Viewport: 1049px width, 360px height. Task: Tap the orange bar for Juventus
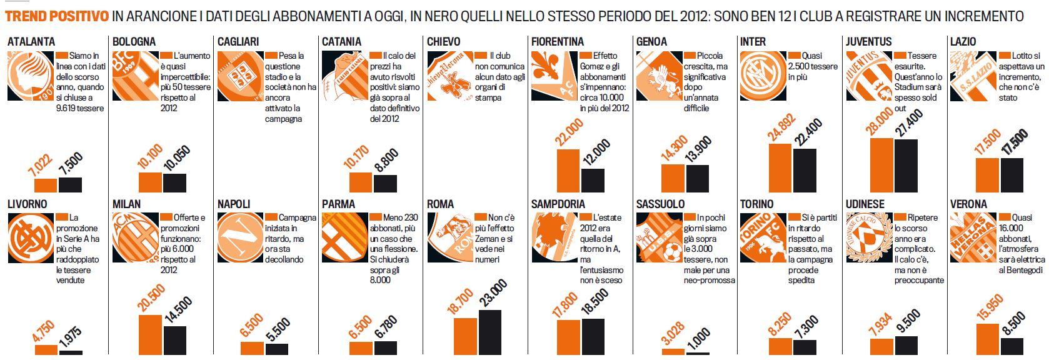coord(881,164)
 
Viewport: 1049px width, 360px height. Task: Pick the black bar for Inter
coord(805,170)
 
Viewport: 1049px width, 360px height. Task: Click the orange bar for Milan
coord(150,334)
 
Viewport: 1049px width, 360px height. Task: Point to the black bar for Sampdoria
coord(593,336)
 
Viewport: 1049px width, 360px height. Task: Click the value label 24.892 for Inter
coord(781,127)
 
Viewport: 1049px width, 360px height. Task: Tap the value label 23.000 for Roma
coord(493,293)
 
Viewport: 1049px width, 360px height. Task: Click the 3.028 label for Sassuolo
coord(673,333)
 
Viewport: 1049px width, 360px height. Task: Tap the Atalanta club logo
coord(30,76)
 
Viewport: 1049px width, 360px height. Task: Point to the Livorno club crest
coord(30,237)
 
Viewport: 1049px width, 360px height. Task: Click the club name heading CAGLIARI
coord(238,42)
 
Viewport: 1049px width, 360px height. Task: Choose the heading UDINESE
coord(865,204)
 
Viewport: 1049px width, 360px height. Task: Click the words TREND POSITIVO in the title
coord(57,16)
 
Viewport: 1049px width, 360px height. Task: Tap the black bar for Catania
coord(385,183)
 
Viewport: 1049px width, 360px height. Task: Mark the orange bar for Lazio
coord(987,175)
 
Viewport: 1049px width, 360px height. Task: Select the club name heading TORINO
coord(756,204)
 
